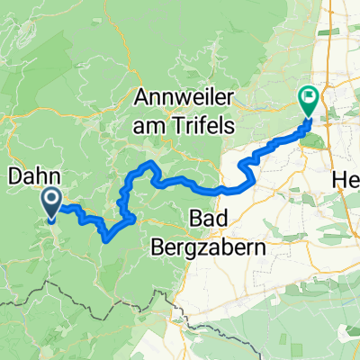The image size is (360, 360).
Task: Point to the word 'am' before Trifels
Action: pos(149,125)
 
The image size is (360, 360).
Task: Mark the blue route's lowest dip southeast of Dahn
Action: pos(108,239)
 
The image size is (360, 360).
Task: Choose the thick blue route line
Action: pos(216,190)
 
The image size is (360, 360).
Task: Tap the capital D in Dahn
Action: pos(14,175)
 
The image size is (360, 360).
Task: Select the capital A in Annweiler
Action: pos(142,96)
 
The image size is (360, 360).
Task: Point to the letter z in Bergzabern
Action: pos(242,247)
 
